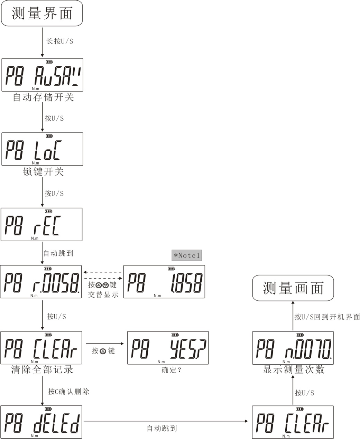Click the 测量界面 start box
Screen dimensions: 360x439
click(x=42, y=13)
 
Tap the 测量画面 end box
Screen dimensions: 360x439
click(x=293, y=288)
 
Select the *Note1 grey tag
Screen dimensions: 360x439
click(x=186, y=255)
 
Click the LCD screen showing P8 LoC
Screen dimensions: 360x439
click(x=42, y=149)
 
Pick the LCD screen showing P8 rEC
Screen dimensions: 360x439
click(x=41, y=224)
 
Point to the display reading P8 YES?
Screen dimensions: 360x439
click(x=168, y=348)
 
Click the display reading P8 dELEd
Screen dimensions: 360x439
click(x=41, y=422)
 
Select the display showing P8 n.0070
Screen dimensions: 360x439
click(x=293, y=348)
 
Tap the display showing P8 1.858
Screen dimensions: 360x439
click(x=164, y=282)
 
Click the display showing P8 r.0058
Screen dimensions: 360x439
click(x=41, y=282)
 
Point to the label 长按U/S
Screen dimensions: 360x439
click(x=59, y=41)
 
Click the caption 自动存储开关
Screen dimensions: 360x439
click(x=43, y=97)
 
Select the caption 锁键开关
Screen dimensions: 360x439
click(x=43, y=172)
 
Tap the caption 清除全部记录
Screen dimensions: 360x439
click(x=42, y=370)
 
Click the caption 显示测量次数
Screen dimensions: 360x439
click(x=294, y=370)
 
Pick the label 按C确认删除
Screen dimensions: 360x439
click(x=68, y=392)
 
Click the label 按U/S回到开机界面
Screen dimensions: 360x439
click(x=327, y=317)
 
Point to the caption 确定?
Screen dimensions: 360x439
click(x=172, y=370)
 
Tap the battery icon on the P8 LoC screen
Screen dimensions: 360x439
click(x=49, y=136)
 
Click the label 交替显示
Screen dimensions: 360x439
click(x=103, y=295)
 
